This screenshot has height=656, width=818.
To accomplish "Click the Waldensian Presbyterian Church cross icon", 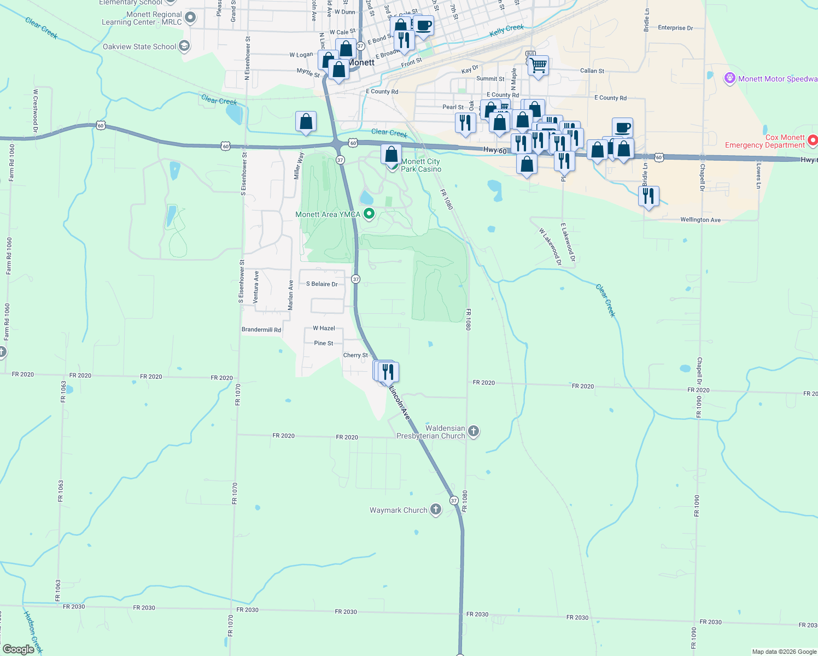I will (x=474, y=432).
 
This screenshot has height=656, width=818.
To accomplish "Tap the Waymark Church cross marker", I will (x=436, y=510).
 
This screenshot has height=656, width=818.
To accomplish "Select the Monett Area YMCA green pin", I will (x=370, y=214).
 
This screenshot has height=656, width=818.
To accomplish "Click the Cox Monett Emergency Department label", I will (x=764, y=141).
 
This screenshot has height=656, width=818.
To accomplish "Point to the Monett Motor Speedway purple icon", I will (x=729, y=79).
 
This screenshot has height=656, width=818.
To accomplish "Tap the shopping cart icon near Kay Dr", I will (x=539, y=66).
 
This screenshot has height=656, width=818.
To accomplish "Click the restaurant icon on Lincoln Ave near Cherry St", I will (x=388, y=372).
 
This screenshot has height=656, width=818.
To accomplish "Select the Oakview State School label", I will (x=139, y=46).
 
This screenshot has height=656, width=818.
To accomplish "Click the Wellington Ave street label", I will (x=700, y=220).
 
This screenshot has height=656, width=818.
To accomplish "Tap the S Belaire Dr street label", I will (x=322, y=284).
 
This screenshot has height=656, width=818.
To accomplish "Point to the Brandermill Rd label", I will (x=261, y=330).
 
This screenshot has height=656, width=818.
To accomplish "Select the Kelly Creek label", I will (x=506, y=31).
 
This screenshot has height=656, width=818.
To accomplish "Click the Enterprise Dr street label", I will (x=675, y=28).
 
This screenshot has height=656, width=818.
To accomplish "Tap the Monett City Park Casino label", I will (x=420, y=165).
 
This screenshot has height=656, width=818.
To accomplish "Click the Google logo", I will (x=19, y=649).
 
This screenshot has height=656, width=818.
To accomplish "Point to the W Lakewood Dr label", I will (x=550, y=247).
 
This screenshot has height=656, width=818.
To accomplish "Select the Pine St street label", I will (x=324, y=343).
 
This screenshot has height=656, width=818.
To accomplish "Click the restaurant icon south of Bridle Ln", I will (x=648, y=195).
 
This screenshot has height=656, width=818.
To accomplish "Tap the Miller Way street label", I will (x=299, y=166).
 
